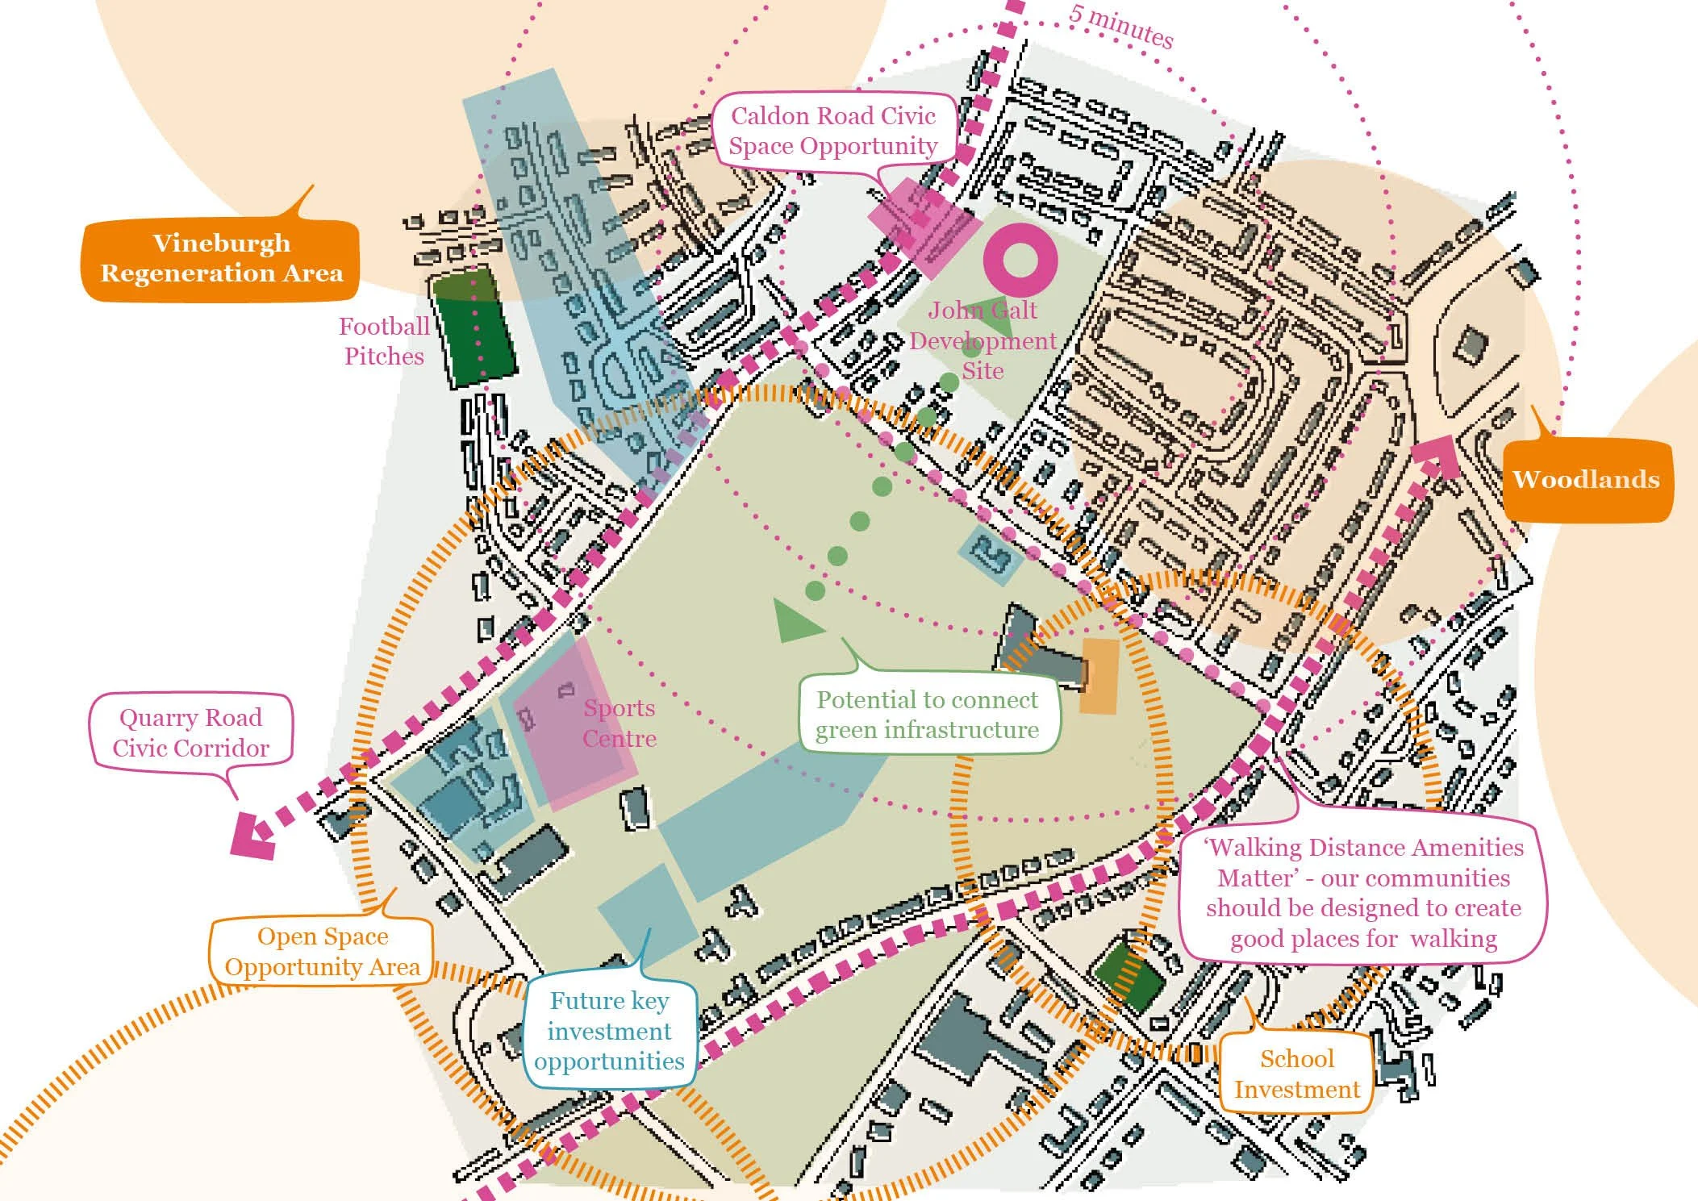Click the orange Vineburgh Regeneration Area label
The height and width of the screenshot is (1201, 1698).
point(220,258)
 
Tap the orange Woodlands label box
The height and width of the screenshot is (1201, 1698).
point(1586,480)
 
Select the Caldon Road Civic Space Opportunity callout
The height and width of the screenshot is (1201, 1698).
point(833,131)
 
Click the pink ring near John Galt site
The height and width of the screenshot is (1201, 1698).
point(1020,261)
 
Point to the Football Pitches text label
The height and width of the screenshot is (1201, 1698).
point(384,341)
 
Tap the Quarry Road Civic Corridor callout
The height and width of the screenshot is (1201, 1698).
point(190,732)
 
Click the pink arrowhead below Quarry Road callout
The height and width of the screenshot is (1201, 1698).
point(252,835)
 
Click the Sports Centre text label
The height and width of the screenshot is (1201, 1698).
point(620,723)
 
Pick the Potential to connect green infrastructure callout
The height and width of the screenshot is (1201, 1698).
point(927,715)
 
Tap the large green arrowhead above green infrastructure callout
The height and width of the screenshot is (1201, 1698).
point(795,621)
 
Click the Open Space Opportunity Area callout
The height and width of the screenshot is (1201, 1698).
point(322,952)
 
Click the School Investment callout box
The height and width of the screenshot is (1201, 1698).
point(1296,1074)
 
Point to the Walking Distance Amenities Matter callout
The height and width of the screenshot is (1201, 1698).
point(1363,892)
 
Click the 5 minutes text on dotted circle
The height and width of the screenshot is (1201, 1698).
point(1121,27)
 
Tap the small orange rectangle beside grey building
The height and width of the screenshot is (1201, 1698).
point(1099,676)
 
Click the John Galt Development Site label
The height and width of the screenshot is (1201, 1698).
point(983,340)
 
